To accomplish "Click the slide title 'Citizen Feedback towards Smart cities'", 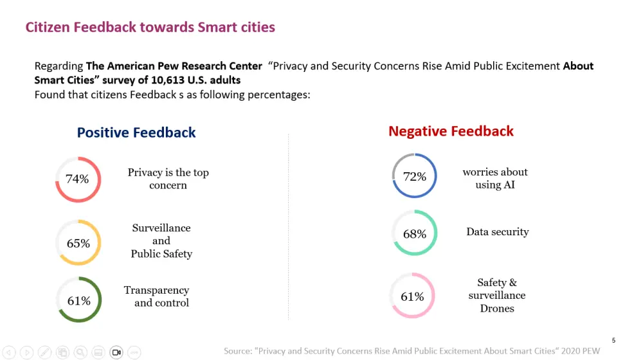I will point(150,27).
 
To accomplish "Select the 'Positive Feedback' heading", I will point(136,132).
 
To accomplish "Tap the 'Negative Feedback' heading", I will point(451,131).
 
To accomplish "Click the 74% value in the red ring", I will point(77,179).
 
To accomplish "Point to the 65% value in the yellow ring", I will point(78,244).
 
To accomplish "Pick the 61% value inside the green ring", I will point(78,300).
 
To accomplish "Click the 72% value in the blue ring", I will point(415,176).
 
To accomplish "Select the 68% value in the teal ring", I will point(415,234).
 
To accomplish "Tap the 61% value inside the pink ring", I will point(412,296).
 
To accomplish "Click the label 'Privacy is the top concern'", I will point(168,179).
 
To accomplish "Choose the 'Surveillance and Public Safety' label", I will point(161,240).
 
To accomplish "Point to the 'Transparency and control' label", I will point(158,296).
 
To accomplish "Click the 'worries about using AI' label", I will point(495,178).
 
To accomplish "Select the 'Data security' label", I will point(498,231).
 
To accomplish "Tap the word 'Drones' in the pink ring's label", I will point(497,309).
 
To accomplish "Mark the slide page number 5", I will point(613,340).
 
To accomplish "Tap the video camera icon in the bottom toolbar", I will point(116,352).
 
